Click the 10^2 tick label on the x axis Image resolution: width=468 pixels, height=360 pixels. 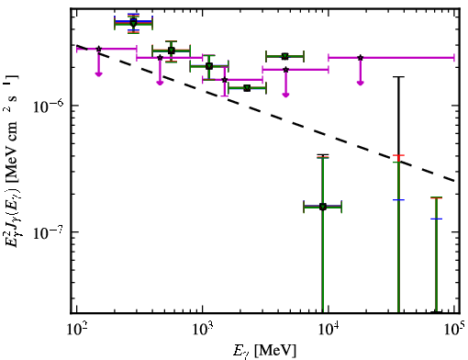(76, 330)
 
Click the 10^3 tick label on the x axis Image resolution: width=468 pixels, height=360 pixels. (202, 330)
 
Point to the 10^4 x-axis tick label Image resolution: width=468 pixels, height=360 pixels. (329, 330)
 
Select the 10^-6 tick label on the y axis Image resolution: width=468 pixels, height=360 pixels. (49, 106)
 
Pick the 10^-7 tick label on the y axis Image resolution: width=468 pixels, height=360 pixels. (49, 232)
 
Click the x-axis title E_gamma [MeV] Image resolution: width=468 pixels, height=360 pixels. (264, 351)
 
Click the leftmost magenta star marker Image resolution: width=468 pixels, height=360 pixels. (98, 49)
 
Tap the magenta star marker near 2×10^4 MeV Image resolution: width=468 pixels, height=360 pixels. (361, 58)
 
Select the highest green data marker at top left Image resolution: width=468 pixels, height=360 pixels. (133, 23)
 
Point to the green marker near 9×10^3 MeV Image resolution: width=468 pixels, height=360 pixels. (323, 207)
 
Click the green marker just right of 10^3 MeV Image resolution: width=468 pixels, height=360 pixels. (209, 66)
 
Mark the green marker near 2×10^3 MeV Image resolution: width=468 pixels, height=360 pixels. (247, 88)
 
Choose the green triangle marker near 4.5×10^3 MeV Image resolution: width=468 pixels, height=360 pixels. (285, 56)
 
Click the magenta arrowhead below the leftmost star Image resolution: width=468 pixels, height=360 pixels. (98, 74)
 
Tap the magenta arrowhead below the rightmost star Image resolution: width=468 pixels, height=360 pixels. (361, 83)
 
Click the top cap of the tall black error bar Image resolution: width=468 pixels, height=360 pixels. (398, 77)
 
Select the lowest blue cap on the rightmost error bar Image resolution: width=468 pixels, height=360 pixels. (436, 219)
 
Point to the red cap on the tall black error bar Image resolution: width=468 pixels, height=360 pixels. (398, 155)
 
